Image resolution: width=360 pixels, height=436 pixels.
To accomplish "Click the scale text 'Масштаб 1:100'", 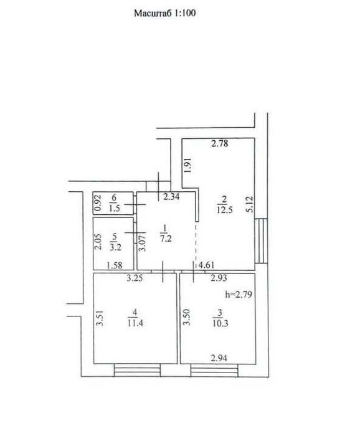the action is click(x=165, y=13).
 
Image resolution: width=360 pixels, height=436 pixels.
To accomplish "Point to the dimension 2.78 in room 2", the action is click(x=220, y=143).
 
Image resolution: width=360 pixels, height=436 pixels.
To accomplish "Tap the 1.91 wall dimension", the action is click(x=188, y=166).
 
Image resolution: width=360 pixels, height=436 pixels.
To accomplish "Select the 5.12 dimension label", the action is click(x=250, y=204).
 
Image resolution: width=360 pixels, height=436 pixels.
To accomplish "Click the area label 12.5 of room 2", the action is click(x=224, y=210).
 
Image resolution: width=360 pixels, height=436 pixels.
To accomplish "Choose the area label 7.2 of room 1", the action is click(x=166, y=239).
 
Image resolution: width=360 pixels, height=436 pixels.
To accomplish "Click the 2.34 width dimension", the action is click(x=171, y=197).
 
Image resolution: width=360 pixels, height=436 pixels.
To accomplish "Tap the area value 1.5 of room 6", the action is click(x=114, y=208).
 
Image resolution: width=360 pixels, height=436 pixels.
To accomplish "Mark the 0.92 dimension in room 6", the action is click(x=98, y=203).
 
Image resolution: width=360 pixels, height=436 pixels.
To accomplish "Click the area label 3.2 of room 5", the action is click(x=115, y=247).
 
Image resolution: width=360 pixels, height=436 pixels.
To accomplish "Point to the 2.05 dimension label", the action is click(x=98, y=242).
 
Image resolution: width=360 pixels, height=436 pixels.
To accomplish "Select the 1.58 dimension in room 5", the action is click(x=114, y=265).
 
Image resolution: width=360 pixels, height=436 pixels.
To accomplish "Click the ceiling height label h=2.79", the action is click(x=239, y=294).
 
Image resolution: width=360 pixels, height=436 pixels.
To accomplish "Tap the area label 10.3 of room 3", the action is click(x=220, y=323).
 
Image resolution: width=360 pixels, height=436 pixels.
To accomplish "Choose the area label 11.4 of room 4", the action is click(x=135, y=323).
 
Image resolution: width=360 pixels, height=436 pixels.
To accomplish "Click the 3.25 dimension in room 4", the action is click(x=135, y=278).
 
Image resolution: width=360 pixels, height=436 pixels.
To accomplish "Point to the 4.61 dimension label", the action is click(x=206, y=265).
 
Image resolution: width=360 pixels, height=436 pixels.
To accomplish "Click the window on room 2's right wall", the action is click(x=261, y=241).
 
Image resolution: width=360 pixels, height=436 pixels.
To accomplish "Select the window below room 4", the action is click(x=137, y=371).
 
